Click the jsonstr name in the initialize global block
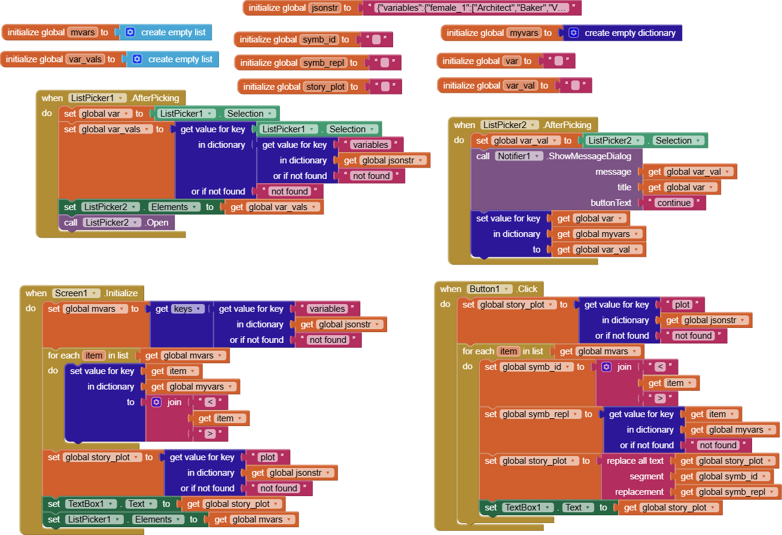(324, 8)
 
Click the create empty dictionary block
(629, 33)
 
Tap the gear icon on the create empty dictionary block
(573, 33)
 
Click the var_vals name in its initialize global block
(87, 59)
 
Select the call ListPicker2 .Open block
(117, 223)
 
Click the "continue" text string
(674, 203)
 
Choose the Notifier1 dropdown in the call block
(519, 156)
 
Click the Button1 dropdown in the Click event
(490, 289)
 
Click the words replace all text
(635, 461)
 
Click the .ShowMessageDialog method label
(589, 156)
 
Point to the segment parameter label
(646, 476)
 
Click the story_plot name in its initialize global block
(325, 87)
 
